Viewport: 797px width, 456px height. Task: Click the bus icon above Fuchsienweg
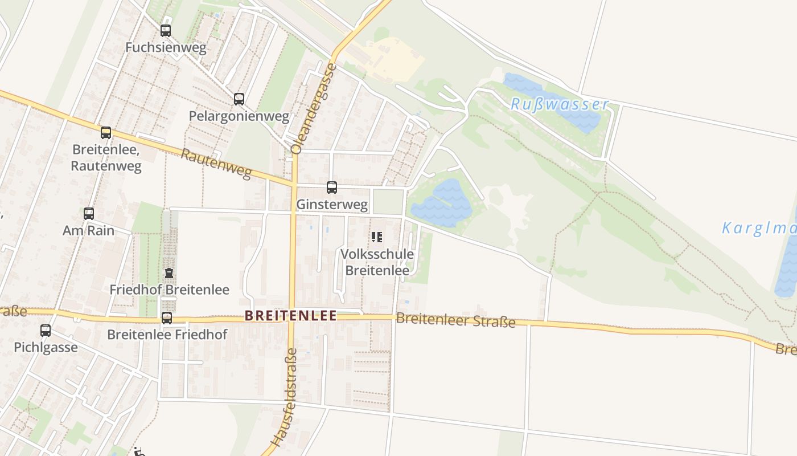coord(166,31)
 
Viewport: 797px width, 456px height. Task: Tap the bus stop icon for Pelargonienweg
coord(239,99)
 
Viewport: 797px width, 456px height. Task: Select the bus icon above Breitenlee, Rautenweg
coord(106,133)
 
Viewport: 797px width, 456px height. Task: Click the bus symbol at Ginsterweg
coord(332,187)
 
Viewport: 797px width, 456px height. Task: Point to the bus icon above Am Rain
coord(89,214)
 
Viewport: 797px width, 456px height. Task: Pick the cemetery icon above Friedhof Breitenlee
coord(169,273)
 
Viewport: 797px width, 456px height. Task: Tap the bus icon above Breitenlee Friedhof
coord(167,318)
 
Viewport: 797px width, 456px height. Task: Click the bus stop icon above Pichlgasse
coord(46,330)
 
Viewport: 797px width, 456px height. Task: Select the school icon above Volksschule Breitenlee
coord(376,237)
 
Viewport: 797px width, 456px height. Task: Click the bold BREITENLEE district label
coord(290,315)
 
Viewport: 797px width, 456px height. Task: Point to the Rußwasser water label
coord(560,105)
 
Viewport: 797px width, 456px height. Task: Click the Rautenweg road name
coord(216,164)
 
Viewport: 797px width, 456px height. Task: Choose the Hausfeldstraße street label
coord(284,397)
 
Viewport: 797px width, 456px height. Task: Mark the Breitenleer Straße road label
coord(455,320)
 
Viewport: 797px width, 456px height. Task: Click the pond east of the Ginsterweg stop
coord(443,202)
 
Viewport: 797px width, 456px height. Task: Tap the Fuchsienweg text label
coord(166,47)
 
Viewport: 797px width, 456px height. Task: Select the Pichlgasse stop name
coord(46,347)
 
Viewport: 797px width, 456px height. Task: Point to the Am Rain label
coord(88,231)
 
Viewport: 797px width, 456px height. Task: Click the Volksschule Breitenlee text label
coord(377,262)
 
